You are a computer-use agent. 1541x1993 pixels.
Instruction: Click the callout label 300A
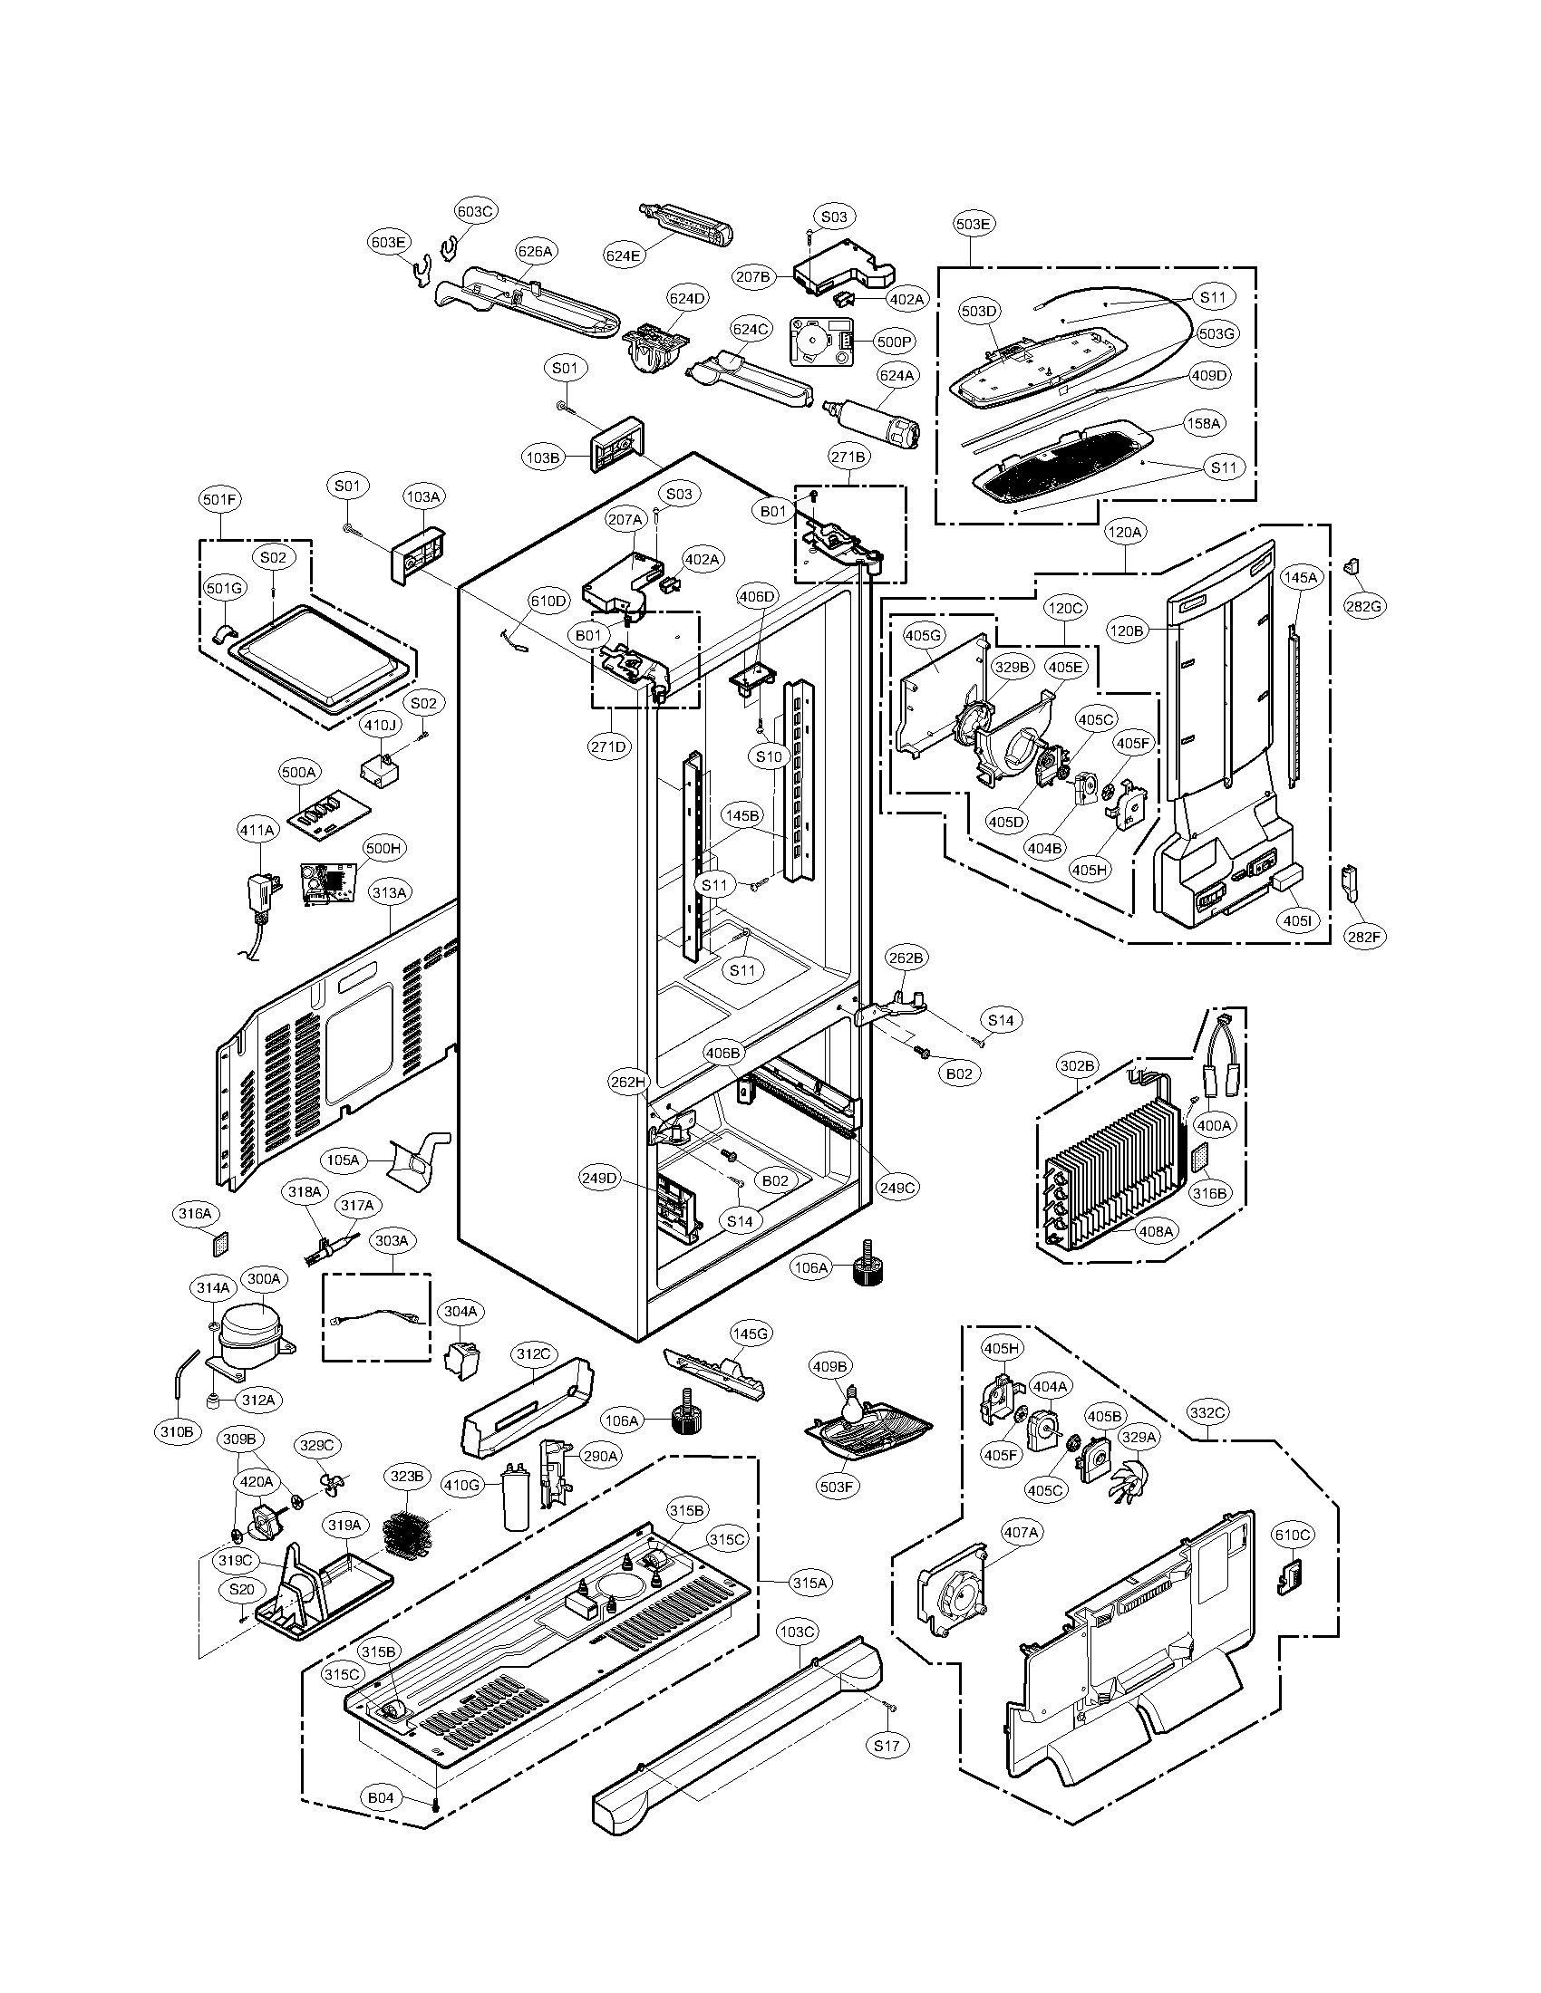(264, 1278)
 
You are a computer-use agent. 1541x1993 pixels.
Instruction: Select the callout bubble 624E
(623, 255)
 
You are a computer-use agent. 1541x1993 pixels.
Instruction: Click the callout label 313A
(389, 892)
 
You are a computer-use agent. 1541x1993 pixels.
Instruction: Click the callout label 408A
(1156, 1231)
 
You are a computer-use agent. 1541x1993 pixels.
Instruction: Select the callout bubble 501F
(220, 499)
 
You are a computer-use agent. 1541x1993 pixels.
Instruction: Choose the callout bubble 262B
(906, 958)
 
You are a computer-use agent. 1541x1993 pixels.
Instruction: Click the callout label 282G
(1364, 604)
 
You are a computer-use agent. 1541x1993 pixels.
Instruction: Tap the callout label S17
(886, 1746)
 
